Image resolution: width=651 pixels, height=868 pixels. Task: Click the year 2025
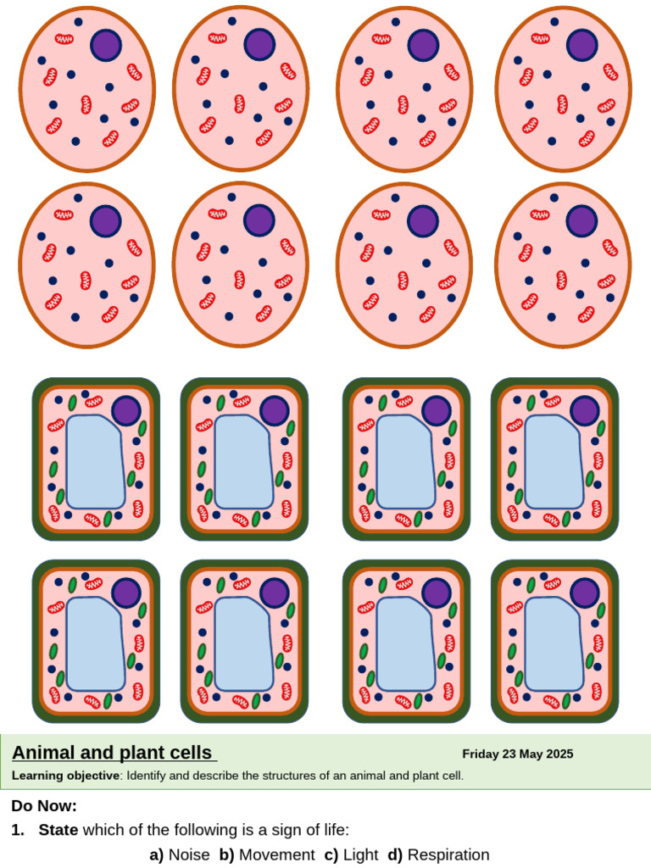[559, 754]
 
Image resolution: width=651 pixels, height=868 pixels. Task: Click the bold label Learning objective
[65, 776]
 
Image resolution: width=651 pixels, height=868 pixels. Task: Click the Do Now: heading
[44, 805]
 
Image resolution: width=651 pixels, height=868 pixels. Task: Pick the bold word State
[58, 830]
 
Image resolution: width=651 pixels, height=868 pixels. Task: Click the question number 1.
[16, 830]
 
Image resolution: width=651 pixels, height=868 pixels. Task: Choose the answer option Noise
[188, 854]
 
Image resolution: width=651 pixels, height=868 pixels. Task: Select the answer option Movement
[276, 854]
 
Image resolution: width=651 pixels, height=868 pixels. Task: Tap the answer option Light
[360, 854]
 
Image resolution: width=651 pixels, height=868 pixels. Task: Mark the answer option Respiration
[448, 854]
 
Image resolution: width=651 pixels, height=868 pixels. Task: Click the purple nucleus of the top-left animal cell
[107, 45]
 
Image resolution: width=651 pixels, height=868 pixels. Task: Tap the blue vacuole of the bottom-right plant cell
[553, 643]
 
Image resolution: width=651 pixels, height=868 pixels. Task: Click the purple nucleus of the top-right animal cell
[582, 45]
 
